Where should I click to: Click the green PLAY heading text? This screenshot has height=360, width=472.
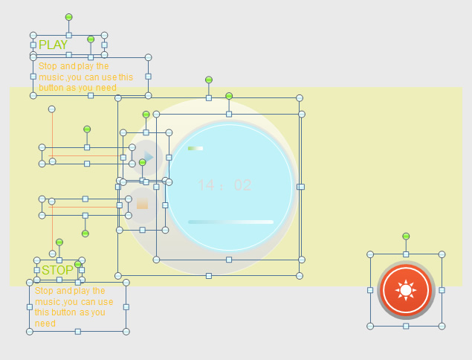[x=53, y=45]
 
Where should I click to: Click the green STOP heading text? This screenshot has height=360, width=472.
[x=57, y=270]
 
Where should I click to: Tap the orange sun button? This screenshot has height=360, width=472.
[x=406, y=290]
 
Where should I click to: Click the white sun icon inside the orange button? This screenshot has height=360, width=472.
[x=406, y=290]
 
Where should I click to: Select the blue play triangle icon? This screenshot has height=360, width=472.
[x=149, y=157]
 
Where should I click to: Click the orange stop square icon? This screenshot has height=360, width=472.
[x=143, y=204]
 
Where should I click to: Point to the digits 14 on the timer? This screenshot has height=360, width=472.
[x=206, y=185]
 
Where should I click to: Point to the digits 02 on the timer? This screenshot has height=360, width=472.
[x=242, y=185]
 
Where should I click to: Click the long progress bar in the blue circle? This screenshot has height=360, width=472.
[x=231, y=222]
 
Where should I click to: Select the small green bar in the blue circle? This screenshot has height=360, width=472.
[x=195, y=148]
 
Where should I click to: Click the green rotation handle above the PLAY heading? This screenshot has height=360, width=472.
[x=69, y=17]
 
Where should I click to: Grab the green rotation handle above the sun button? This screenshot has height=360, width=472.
[x=406, y=237]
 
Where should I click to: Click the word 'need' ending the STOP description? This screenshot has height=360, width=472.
[x=45, y=324]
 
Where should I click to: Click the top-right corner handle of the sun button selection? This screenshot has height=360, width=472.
[x=442, y=254]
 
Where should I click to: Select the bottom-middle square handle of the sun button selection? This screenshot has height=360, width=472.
[x=406, y=326]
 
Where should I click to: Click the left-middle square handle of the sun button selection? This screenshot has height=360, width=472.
[x=370, y=290]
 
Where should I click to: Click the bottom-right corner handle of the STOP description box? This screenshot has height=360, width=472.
[x=126, y=332]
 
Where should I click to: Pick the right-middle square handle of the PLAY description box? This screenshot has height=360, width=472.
[x=148, y=77]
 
